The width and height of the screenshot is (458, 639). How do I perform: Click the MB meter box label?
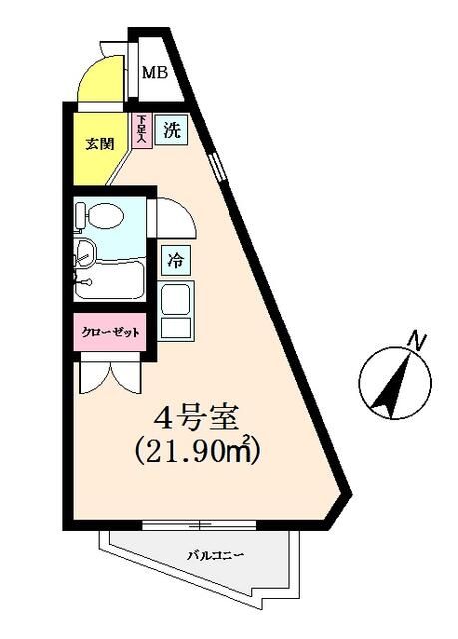coord(153,72)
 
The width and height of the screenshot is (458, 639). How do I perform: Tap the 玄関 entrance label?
coord(98,142)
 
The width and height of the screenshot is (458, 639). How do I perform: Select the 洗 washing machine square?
coord(172,128)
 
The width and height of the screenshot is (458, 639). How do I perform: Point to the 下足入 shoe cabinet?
coord(142,130)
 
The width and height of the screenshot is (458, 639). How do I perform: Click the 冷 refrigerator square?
coord(175,261)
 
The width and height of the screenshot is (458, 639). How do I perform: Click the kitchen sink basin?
coord(177,299)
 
